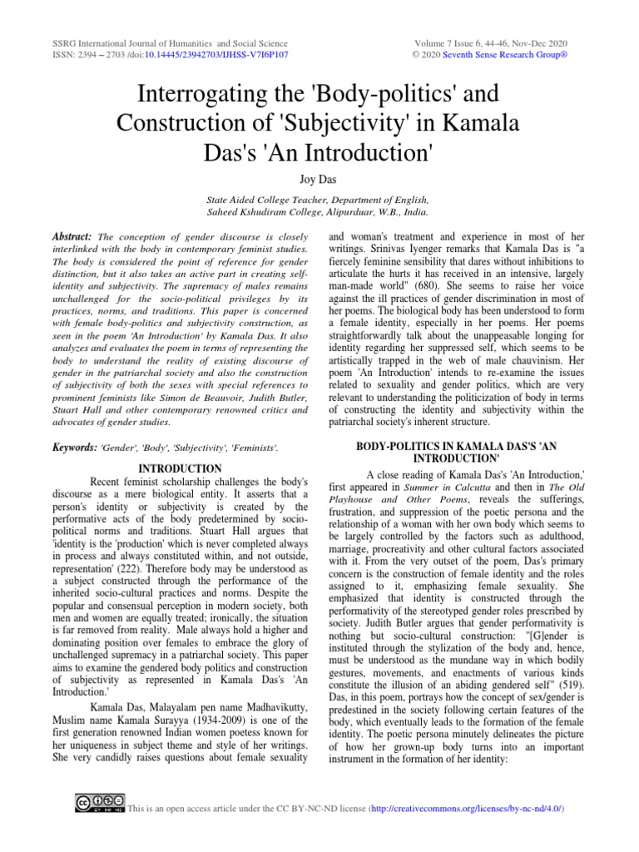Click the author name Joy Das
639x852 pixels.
[x=319, y=179]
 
